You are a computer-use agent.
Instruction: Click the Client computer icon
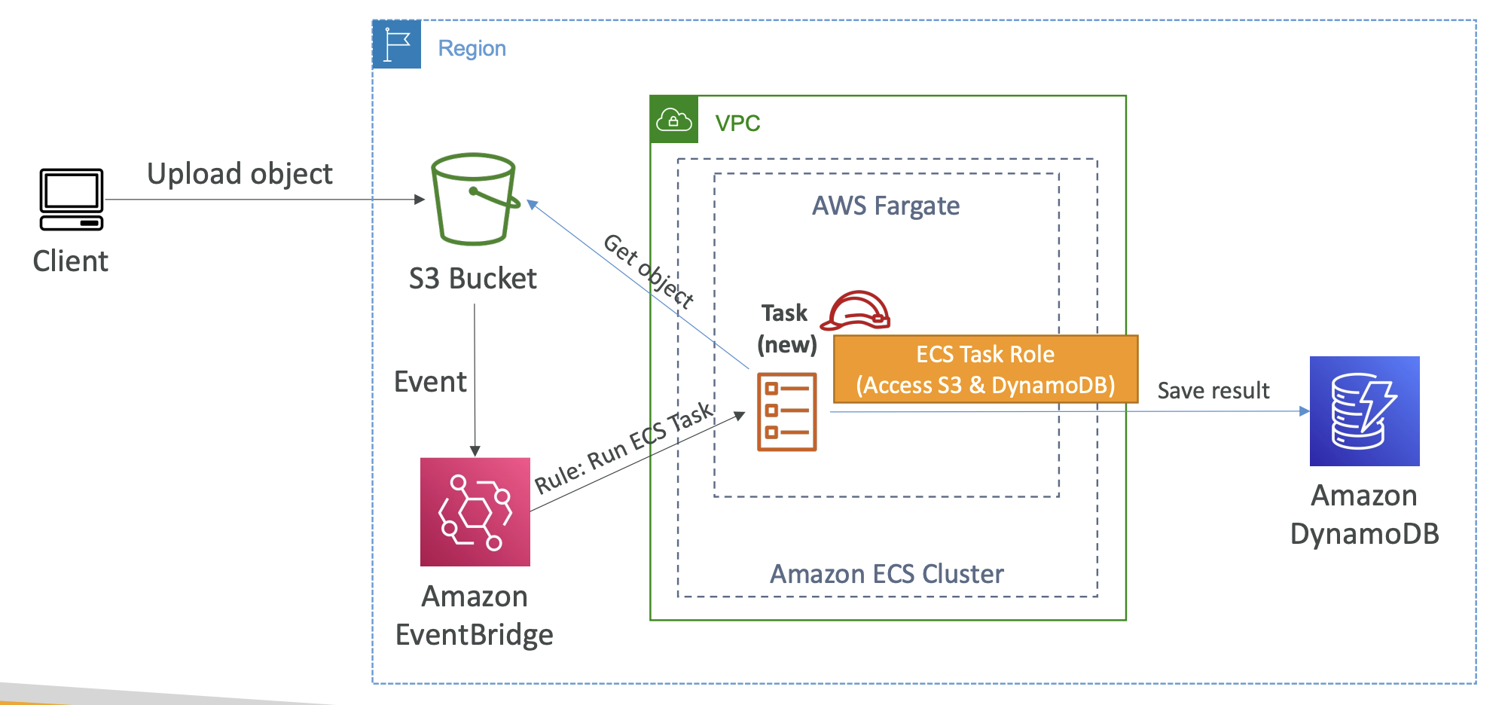pyautogui.click(x=72, y=200)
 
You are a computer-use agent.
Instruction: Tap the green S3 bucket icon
pyautogui.click(x=475, y=200)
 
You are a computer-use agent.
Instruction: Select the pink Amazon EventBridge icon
pyautogui.click(x=475, y=512)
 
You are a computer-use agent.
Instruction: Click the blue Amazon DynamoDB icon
pyautogui.click(x=1365, y=411)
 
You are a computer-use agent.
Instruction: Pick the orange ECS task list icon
pyautogui.click(x=787, y=412)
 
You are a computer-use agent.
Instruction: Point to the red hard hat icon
pyautogui.click(x=856, y=310)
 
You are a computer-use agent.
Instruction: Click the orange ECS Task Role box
pyautogui.click(x=985, y=369)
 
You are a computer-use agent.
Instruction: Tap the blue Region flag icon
pyautogui.click(x=397, y=44)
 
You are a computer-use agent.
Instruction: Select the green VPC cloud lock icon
pyautogui.click(x=674, y=120)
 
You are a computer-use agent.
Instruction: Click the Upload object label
pyautogui.click(x=240, y=174)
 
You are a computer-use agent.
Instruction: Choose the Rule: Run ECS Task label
pyautogui.click(x=624, y=447)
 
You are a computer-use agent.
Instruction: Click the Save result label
pyautogui.click(x=1213, y=390)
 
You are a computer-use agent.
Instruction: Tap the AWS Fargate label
pyautogui.click(x=886, y=206)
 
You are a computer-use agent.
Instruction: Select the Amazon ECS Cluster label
pyautogui.click(x=887, y=574)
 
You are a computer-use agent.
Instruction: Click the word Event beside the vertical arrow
pyautogui.click(x=430, y=382)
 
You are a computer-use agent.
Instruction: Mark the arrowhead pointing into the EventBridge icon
pyautogui.click(x=475, y=451)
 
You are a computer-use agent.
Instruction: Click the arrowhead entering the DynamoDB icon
pyautogui.click(x=1305, y=411)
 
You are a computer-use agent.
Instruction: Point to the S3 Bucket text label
pyautogui.click(x=473, y=279)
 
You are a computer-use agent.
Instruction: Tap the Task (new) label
pyautogui.click(x=786, y=329)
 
